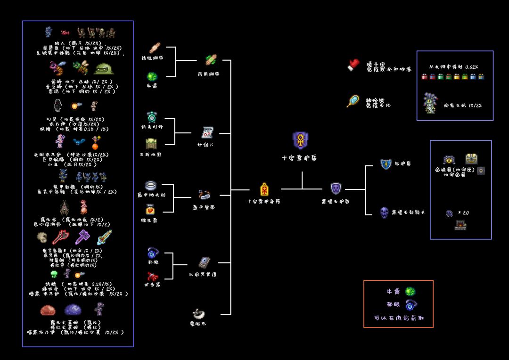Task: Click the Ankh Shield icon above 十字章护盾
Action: (x=300, y=140)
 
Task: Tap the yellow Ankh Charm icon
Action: (x=264, y=189)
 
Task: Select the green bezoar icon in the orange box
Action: (x=410, y=292)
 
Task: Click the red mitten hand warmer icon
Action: (x=353, y=65)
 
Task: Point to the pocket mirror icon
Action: (x=353, y=101)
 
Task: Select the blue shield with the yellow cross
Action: (x=386, y=164)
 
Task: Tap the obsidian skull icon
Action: (x=385, y=213)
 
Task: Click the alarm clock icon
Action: (x=152, y=117)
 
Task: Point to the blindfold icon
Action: (x=198, y=313)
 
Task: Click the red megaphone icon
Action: (x=152, y=276)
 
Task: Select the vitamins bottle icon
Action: (x=152, y=209)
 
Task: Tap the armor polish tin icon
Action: (x=152, y=185)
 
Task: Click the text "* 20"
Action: (x=464, y=213)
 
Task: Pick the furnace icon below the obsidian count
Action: (x=460, y=225)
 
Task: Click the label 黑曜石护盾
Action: (x=336, y=201)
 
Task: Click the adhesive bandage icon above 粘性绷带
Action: (x=156, y=48)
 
